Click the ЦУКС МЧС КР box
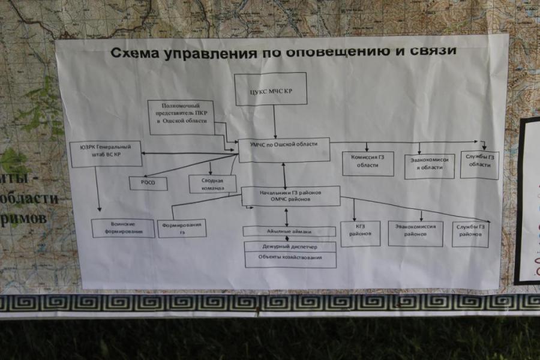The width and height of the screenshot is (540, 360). point(271,89)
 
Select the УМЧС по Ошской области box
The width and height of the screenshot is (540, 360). point(284,149)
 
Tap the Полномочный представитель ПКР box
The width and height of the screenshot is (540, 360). point(181,116)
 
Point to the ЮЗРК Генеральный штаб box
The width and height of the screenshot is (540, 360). point(105,154)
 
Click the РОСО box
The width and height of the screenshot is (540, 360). point(148,184)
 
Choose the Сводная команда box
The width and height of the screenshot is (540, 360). point(212,184)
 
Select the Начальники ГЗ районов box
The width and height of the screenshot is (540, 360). point(290,196)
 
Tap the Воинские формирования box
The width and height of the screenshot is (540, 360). point(123,228)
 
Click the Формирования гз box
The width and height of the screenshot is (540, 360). point(182,228)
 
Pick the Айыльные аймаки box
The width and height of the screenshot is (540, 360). point(289,231)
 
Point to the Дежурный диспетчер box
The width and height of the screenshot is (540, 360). point(290,246)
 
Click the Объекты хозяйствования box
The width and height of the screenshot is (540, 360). point(290,259)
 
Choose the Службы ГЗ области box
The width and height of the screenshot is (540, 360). point(479,165)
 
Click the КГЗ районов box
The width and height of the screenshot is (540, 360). point(360,233)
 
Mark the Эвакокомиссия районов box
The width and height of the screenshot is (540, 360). point(415,233)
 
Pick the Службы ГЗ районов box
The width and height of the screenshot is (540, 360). point(470,234)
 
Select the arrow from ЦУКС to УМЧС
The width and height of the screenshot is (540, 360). point(275,122)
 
